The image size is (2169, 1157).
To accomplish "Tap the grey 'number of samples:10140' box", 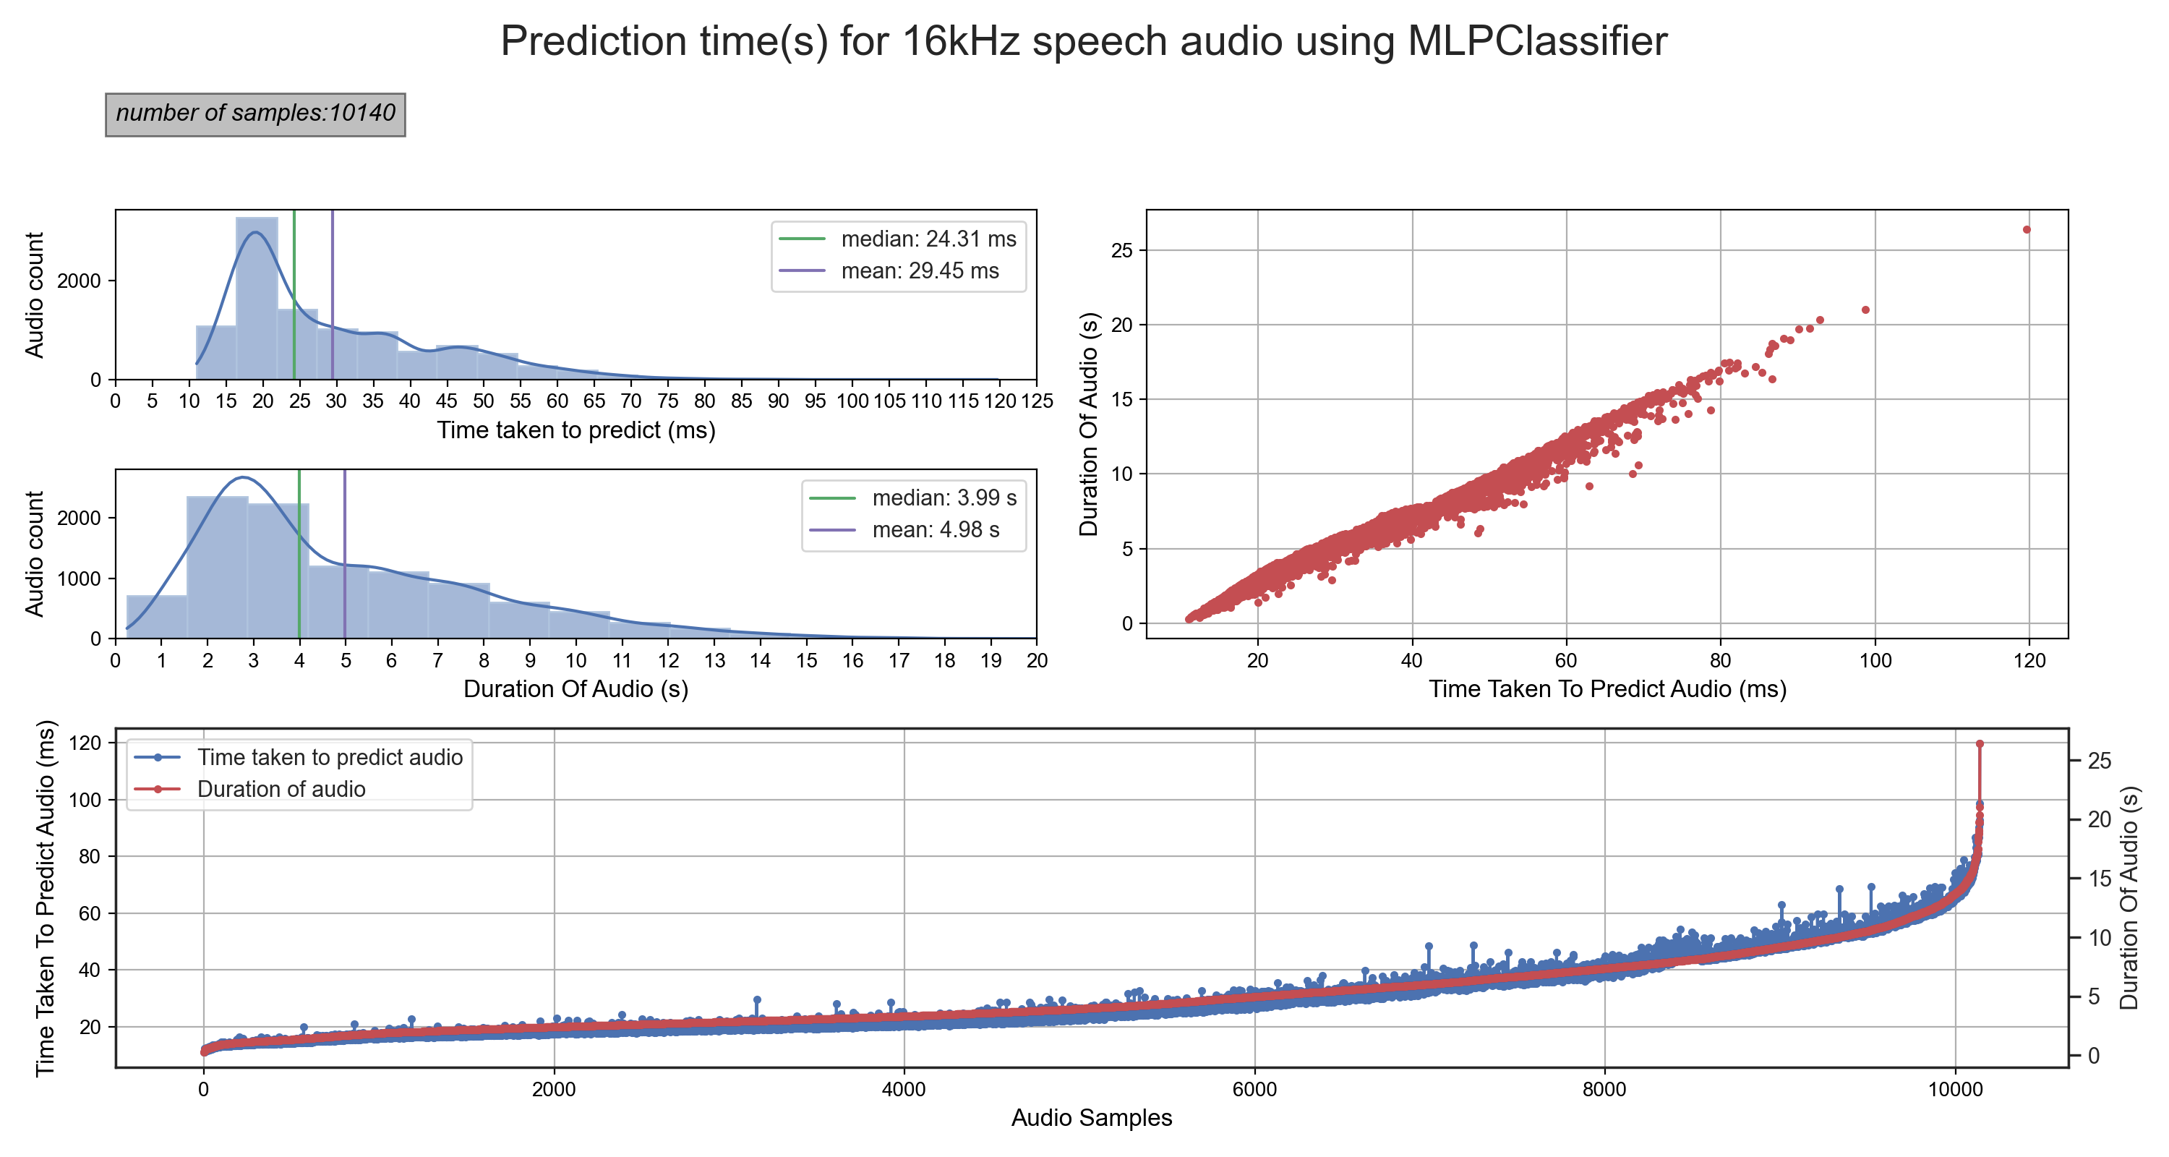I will tap(255, 114).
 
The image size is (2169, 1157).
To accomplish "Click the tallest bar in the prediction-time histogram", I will tap(257, 299).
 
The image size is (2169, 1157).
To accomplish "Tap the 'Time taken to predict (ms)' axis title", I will tap(576, 430).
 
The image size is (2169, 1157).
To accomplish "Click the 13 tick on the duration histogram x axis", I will tap(715, 660).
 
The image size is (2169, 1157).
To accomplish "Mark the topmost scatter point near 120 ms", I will tap(2027, 230).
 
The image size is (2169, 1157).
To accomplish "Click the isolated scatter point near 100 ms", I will tap(1865, 310).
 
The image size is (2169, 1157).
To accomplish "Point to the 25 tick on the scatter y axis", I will tap(1122, 250).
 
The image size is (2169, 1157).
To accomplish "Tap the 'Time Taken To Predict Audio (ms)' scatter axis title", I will tap(1607, 689).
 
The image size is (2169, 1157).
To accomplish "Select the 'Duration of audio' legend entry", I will tap(281, 789).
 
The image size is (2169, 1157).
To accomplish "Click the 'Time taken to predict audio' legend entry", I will tap(329, 757).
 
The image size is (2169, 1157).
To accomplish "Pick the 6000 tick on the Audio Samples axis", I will tap(1254, 1089).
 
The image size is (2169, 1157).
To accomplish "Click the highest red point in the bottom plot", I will tap(1980, 743).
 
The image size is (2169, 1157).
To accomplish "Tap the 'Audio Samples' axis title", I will tap(1091, 1117).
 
